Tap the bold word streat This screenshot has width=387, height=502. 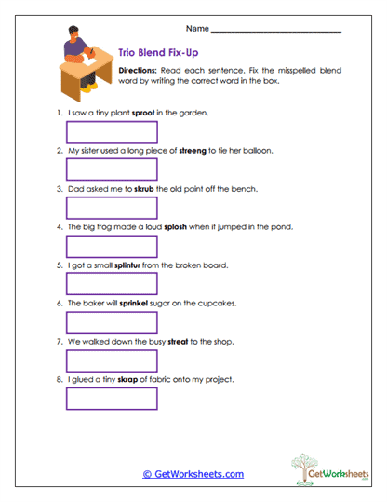tap(179, 342)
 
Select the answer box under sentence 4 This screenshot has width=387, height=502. tap(112, 246)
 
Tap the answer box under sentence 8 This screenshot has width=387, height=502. tap(112, 399)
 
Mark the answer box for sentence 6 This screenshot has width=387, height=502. tap(112, 322)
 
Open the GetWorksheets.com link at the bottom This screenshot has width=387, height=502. tap(193, 474)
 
